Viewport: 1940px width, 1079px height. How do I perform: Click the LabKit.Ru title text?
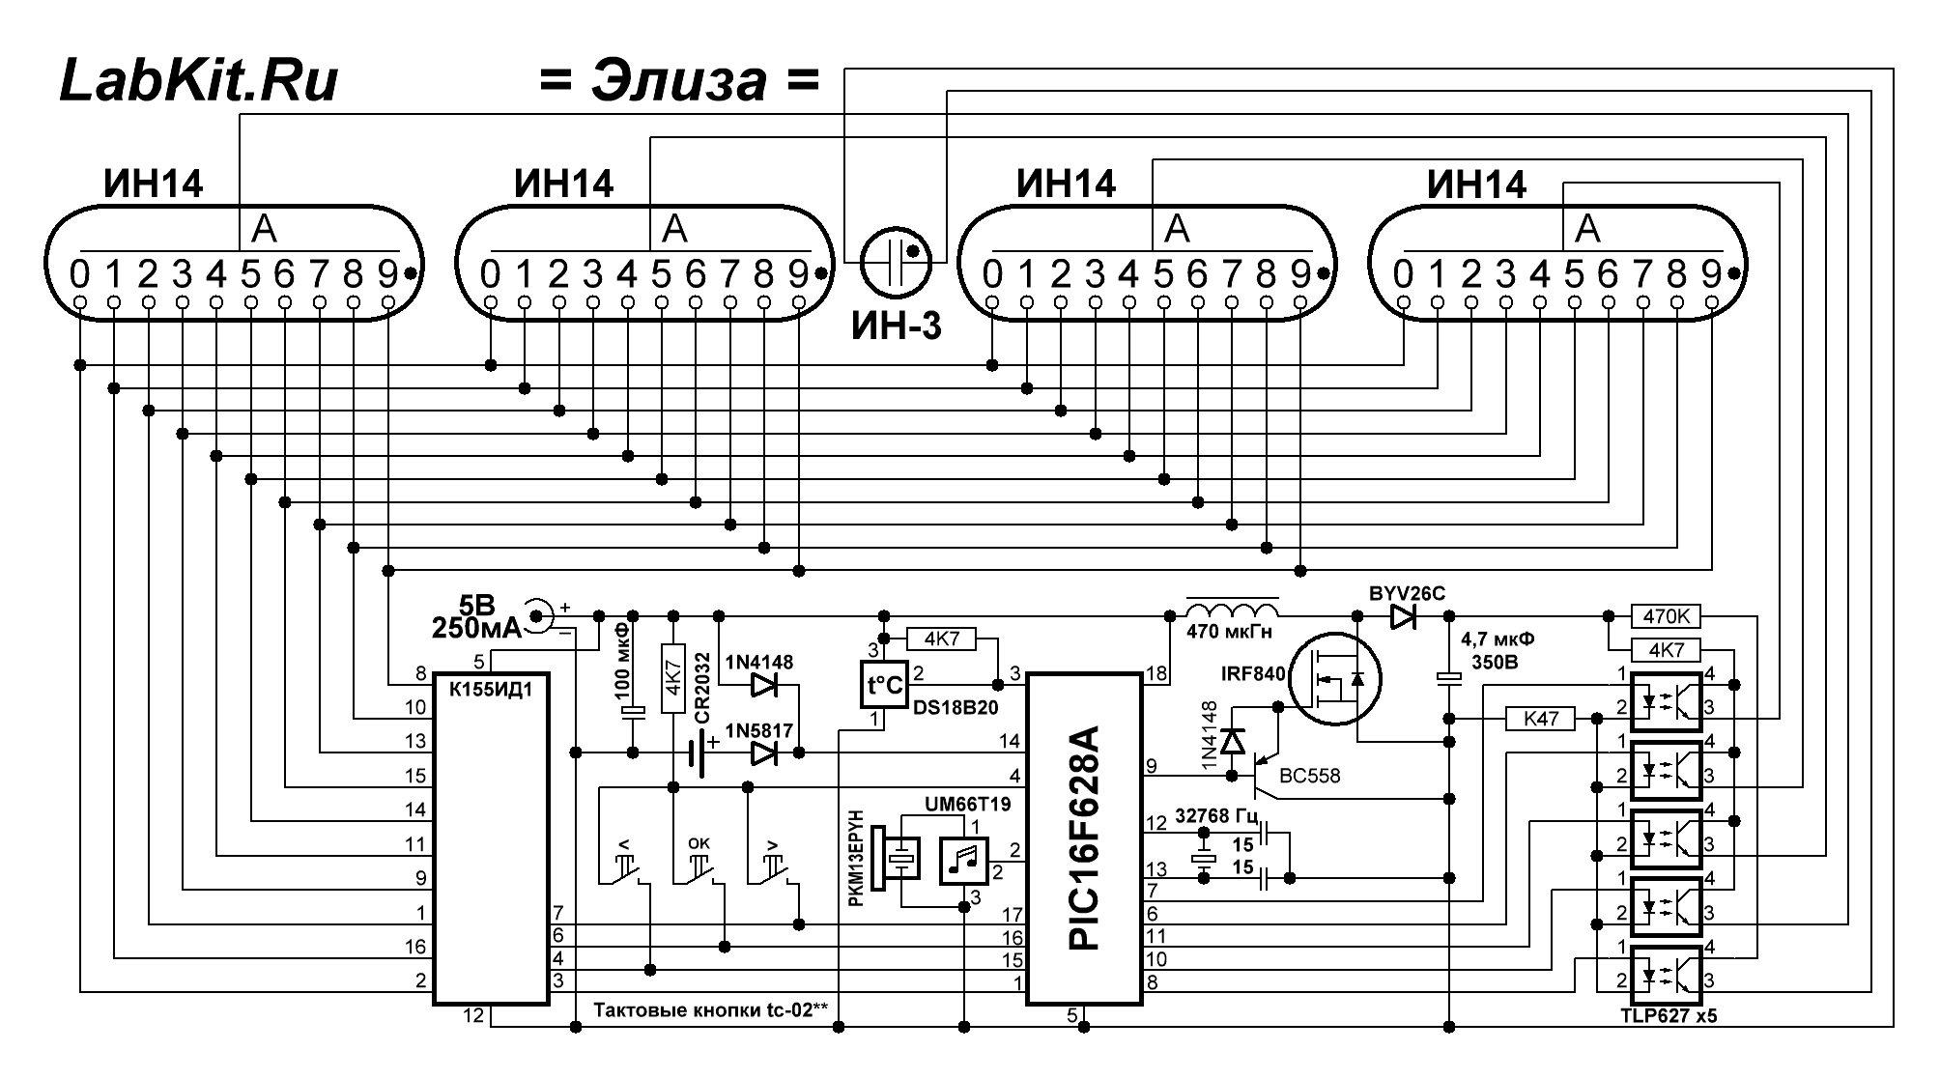tap(199, 80)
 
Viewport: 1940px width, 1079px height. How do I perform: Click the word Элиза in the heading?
tap(679, 81)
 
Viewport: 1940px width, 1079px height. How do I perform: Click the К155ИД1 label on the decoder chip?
tap(491, 691)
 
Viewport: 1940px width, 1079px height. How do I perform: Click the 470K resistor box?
tap(1666, 616)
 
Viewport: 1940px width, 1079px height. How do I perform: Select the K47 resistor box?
tap(1540, 719)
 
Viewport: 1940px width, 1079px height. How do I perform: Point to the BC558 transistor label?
tap(1310, 776)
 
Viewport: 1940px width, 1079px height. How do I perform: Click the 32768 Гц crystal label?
tap(1217, 815)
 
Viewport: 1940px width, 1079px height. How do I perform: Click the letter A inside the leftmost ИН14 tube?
tap(264, 229)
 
